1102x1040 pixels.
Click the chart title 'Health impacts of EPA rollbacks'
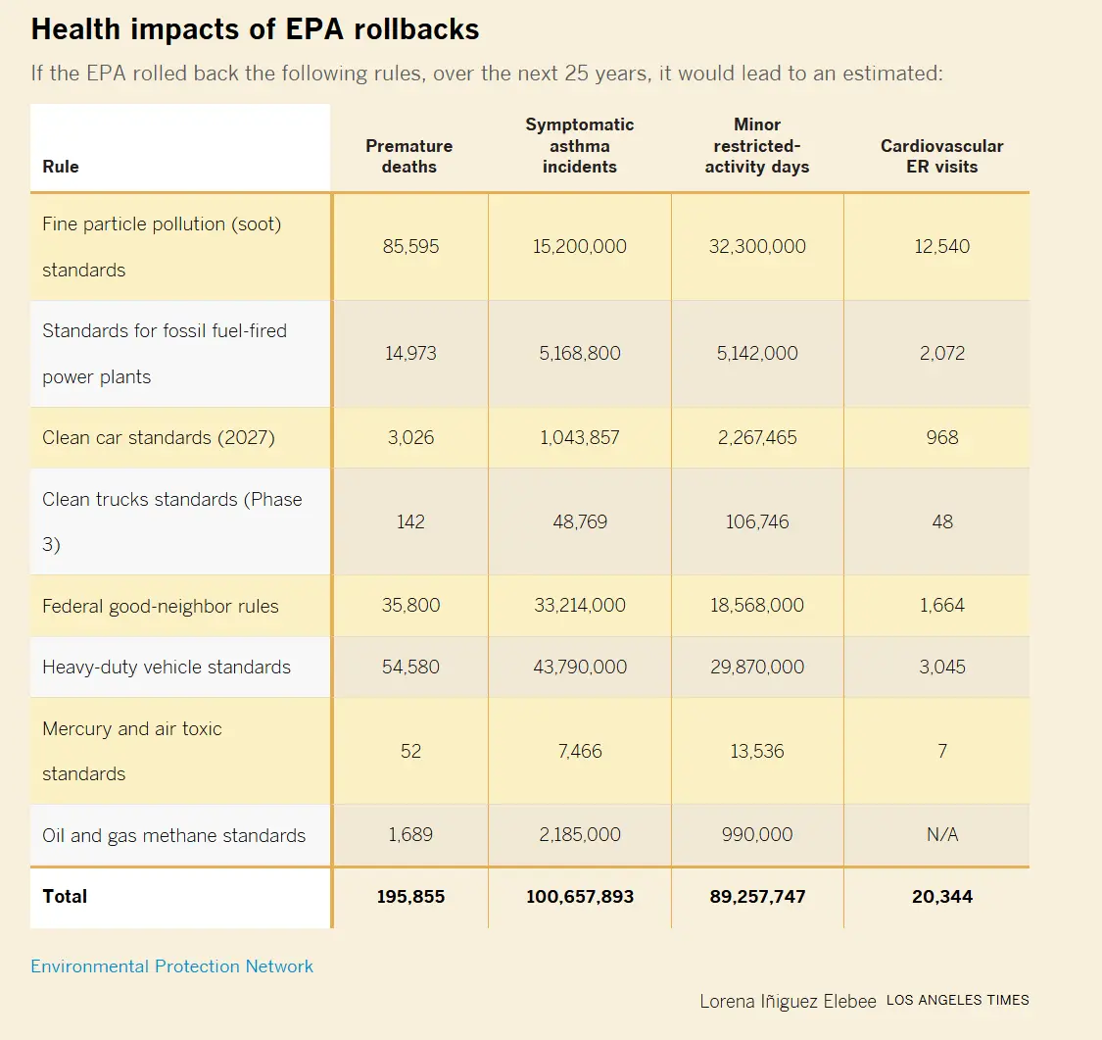(255, 29)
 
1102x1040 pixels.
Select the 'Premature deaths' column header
(408, 156)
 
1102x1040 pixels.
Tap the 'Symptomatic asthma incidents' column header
(579, 145)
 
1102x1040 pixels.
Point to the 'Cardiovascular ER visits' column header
(941, 156)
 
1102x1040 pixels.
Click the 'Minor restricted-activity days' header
(757, 145)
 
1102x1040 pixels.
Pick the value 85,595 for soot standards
(410, 247)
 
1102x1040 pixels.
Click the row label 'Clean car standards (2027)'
(159, 437)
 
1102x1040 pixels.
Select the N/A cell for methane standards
(941, 835)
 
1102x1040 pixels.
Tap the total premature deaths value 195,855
(410, 897)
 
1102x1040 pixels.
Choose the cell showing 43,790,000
(579, 668)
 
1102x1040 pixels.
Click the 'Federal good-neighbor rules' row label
(161, 606)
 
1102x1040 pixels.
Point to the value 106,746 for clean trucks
(757, 521)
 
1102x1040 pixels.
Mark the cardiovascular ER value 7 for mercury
(941, 752)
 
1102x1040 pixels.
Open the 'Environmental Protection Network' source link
(172, 966)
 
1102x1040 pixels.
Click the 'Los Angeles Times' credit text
(957, 1001)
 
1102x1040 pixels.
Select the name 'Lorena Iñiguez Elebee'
(788, 1002)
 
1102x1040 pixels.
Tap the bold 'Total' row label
(65, 896)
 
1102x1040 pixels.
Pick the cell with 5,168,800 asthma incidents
(579, 354)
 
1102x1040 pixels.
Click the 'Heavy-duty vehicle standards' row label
(167, 668)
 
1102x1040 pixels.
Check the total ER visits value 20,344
(941, 897)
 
